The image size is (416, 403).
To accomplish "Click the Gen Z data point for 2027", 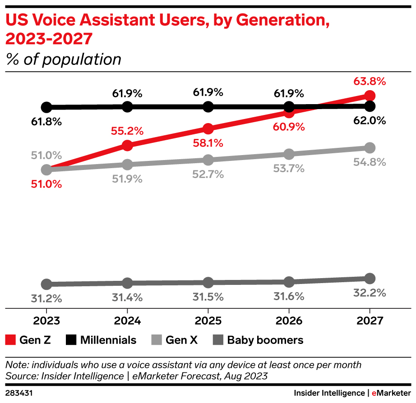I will [x=370, y=96].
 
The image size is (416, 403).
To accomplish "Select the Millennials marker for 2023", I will [x=46, y=107].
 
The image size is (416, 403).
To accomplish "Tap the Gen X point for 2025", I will [x=208, y=160].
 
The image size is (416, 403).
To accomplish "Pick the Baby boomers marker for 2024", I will [x=127, y=283].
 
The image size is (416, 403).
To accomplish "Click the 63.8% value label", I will [x=369, y=82].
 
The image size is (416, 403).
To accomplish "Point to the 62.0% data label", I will [x=369, y=120].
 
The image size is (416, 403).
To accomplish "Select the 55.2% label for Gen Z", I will [x=127, y=131].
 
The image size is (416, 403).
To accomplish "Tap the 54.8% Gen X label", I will [x=369, y=162].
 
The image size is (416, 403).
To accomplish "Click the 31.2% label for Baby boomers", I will [x=46, y=298].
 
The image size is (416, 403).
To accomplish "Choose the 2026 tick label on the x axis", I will [x=289, y=321].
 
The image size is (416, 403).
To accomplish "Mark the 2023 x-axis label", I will [x=46, y=321].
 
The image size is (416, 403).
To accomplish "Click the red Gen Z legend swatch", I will [x=11, y=340].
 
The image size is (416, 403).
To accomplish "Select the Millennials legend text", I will [x=108, y=340].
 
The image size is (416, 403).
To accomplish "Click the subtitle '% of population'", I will [x=64, y=59].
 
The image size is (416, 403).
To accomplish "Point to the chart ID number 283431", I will [x=19, y=393].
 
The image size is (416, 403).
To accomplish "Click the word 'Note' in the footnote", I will [x=16, y=365].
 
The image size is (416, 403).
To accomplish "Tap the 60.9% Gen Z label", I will [x=289, y=127].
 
